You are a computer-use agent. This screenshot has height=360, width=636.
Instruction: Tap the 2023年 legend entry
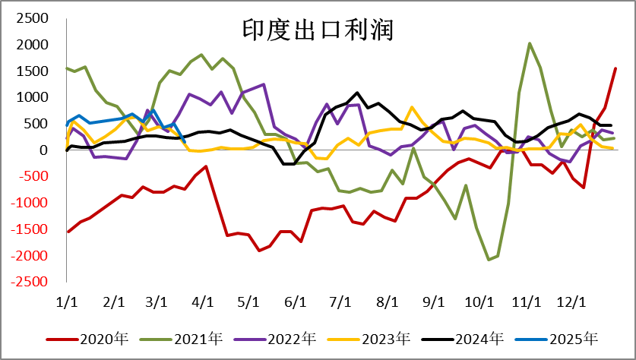pyautogui.click(x=392, y=338)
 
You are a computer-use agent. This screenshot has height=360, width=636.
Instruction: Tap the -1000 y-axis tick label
pyautogui.click(x=30, y=203)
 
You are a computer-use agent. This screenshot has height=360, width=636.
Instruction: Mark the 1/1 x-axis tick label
pyautogui.click(x=68, y=302)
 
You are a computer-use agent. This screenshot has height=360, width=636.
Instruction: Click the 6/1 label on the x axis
pyautogui.click(x=294, y=302)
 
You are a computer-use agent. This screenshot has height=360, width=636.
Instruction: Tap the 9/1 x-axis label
pyautogui.click(x=432, y=302)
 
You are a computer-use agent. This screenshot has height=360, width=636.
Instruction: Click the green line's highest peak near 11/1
pyautogui.click(x=530, y=44)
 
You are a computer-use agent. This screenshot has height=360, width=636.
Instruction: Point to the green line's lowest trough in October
pyautogui.click(x=489, y=260)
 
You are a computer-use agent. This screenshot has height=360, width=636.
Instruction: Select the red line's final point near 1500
pyautogui.click(x=615, y=68)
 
